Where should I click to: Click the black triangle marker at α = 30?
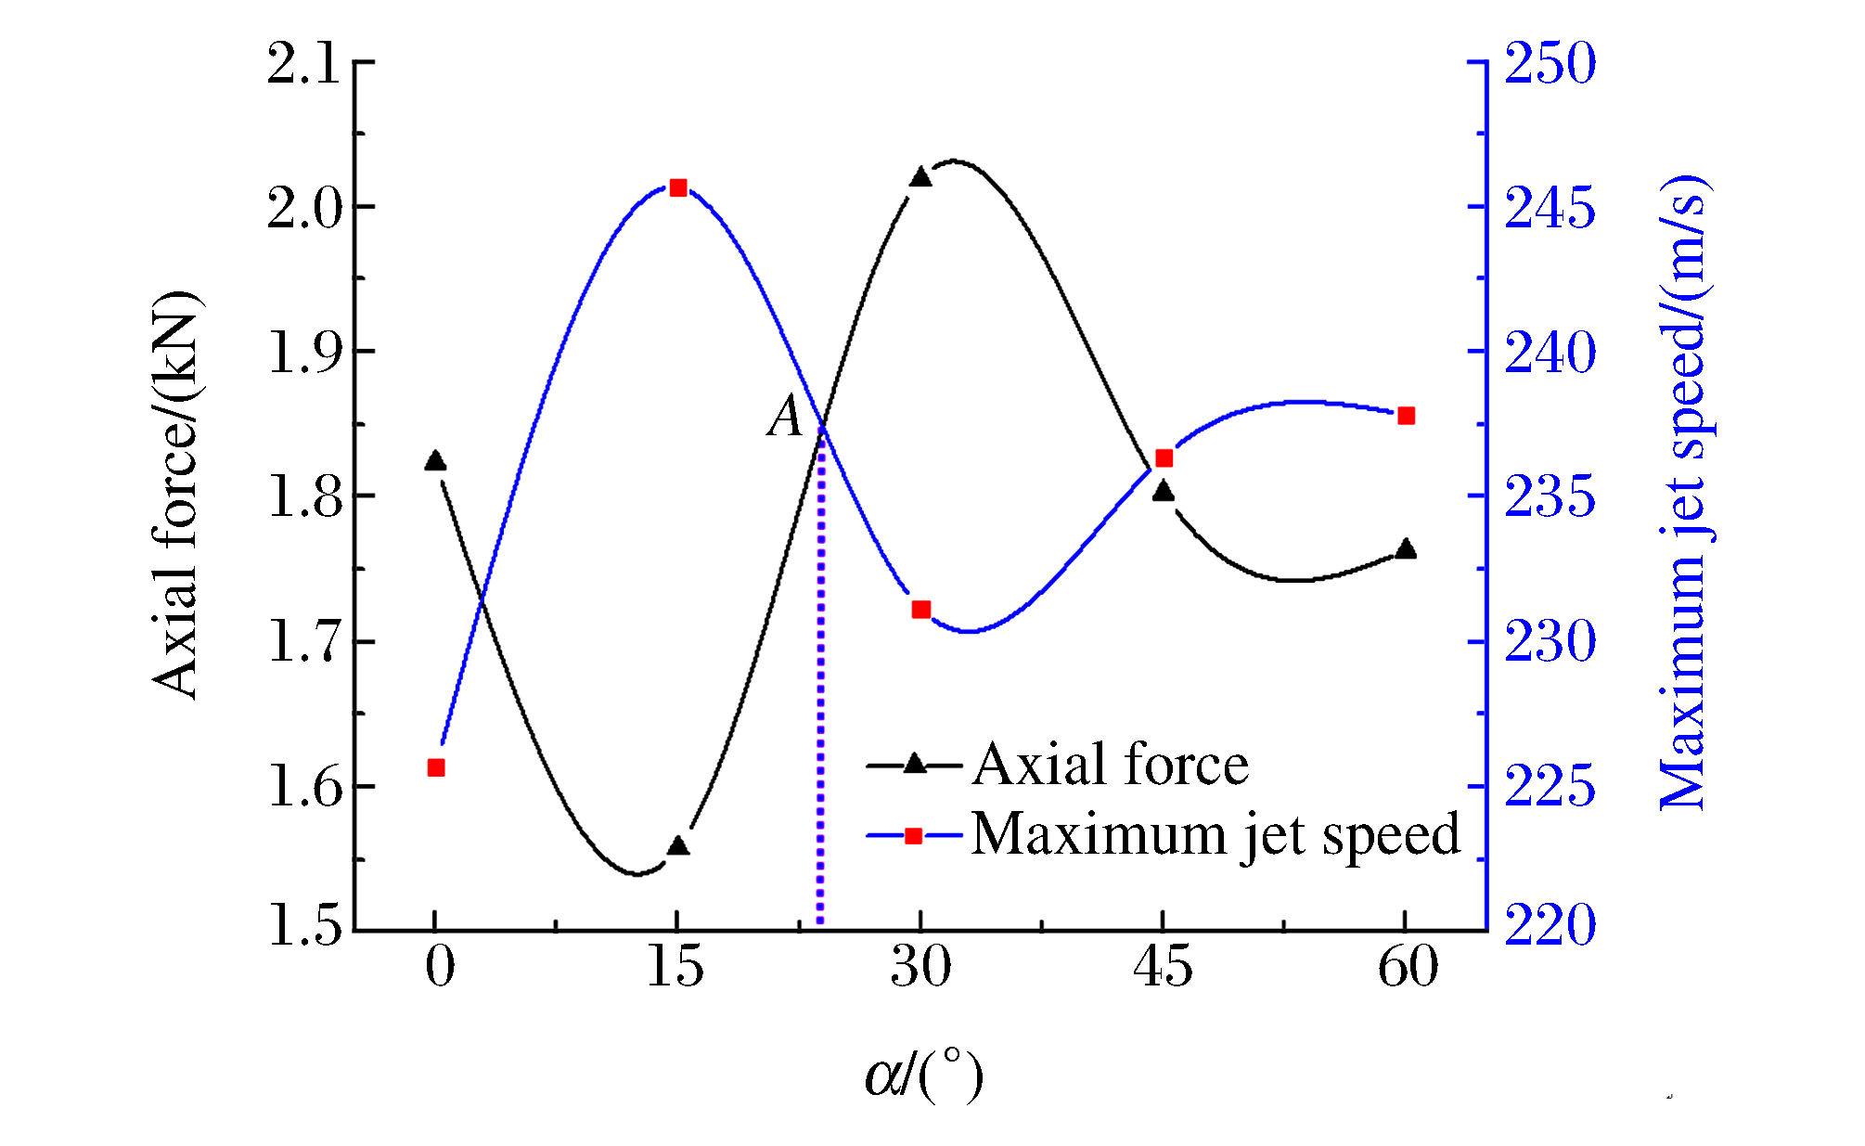click(x=920, y=177)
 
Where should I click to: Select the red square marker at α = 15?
click(x=678, y=188)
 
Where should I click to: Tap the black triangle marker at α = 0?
click(x=435, y=461)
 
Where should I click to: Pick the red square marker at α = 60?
click(x=1407, y=416)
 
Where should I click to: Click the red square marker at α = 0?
click(x=436, y=767)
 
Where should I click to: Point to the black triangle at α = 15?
click(x=678, y=846)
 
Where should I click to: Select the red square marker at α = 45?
click(x=1164, y=458)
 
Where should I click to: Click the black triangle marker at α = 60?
click(x=1407, y=549)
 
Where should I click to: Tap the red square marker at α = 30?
click(x=921, y=610)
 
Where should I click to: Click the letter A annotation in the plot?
click(x=786, y=416)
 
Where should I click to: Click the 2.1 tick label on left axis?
click(x=303, y=65)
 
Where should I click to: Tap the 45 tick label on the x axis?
click(x=1163, y=967)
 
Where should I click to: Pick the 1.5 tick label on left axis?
click(x=304, y=926)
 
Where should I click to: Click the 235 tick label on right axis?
click(x=1550, y=497)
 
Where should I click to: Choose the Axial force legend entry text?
click(x=1111, y=765)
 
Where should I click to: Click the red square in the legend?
click(x=914, y=836)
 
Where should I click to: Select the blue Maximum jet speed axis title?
click(x=1683, y=492)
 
